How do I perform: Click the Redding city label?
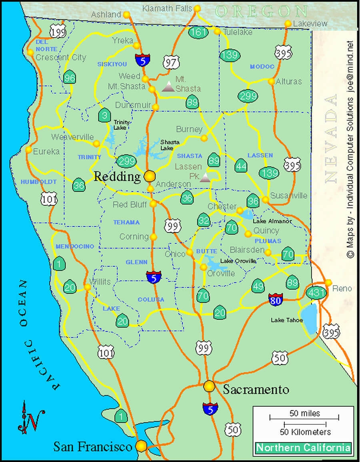tap(117, 176)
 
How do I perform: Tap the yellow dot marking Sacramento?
tap(209, 386)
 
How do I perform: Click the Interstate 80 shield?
tap(276, 299)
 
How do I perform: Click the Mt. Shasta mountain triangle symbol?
tap(168, 86)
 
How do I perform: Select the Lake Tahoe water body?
tap(309, 318)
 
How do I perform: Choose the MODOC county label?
tap(262, 66)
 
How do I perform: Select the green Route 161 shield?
tap(199, 32)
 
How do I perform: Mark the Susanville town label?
tap(289, 196)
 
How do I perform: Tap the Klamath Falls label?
tap(167, 8)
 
